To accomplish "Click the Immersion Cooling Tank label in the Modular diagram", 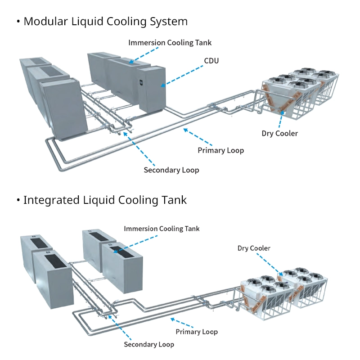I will (x=170, y=43).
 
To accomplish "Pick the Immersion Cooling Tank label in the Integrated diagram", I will (x=162, y=229).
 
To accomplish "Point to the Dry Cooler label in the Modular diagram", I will (x=279, y=133).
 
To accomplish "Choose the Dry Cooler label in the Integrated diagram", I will (x=254, y=248).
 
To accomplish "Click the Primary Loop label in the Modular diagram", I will (x=220, y=150).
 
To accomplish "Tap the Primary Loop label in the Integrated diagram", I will (x=197, y=332).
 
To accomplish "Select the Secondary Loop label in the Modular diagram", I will (x=171, y=170).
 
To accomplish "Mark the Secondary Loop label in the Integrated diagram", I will (x=149, y=344).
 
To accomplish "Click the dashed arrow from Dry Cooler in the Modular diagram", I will (x=281, y=117).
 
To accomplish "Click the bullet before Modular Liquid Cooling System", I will (x=18, y=22).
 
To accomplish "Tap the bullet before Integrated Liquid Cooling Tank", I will (x=18, y=200).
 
